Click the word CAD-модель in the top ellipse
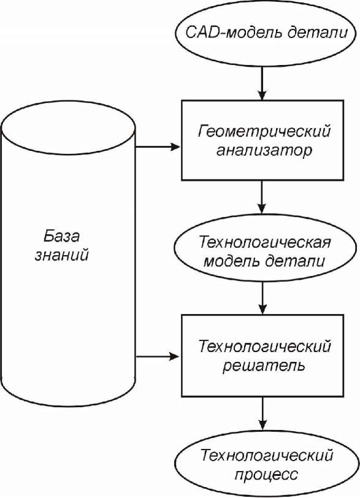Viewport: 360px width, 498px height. (232, 33)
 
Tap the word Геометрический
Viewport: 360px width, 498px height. (264, 132)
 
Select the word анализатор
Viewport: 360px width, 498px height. (264, 150)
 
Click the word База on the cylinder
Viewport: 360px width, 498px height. (61, 236)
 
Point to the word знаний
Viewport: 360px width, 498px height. (61, 255)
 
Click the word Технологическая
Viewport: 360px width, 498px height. (264, 242)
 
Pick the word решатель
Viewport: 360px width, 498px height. (264, 366)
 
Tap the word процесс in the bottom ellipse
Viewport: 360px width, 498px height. (266, 475)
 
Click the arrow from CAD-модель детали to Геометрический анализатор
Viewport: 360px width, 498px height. (262, 83)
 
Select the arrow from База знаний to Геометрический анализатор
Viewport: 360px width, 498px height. (158, 147)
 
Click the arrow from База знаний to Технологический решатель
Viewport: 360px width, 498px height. (158, 356)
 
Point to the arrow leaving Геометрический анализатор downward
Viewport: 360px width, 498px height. (262, 197)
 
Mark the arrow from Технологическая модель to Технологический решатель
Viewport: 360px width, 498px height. (262, 298)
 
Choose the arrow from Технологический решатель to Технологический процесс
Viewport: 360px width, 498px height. (262, 413)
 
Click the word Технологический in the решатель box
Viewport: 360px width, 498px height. (264, 346)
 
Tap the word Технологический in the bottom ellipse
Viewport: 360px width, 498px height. (266, 456)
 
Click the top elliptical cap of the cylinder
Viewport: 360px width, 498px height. (68, 101)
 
